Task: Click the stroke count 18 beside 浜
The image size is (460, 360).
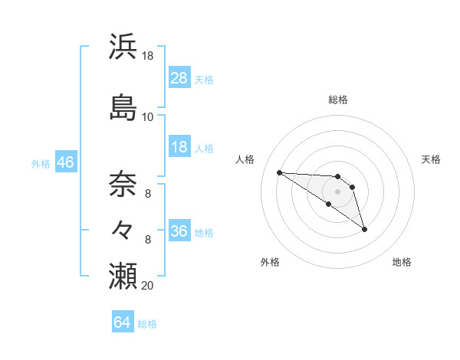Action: (148, 56)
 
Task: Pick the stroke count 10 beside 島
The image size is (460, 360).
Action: (148, 116)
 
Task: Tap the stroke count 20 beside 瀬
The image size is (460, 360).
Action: (148, 285)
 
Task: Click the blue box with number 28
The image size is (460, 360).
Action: (179, 78)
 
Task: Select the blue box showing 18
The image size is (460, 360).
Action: (179, 147)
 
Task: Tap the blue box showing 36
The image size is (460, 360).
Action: (179, 231)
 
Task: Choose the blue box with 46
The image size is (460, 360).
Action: (65, 162)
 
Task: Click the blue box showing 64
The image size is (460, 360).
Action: (123, 322)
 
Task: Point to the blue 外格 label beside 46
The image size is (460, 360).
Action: (41, 163)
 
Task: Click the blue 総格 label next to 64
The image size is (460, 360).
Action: (147, 324)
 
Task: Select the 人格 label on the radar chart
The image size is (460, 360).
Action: (245, 159)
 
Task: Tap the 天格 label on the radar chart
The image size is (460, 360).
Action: (431, 159)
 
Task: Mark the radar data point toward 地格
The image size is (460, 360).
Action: (364, 229)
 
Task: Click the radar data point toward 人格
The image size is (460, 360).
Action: (279, 172)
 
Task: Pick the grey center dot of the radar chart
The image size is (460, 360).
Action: (338, 191)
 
